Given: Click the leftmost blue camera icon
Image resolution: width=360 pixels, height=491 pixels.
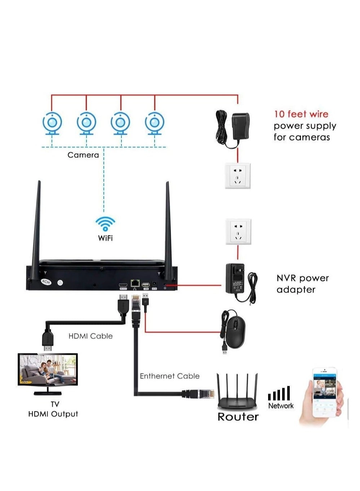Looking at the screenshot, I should click(x=52, y=123).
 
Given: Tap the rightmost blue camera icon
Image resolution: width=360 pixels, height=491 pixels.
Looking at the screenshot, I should click(x=155, y=123).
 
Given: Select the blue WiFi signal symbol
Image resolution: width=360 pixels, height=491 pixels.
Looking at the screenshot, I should click(x=105, y=223).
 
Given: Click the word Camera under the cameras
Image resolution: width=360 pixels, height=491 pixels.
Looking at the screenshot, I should click(x=83, y=155).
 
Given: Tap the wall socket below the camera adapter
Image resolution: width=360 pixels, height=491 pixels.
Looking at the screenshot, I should click(x=237, y=175).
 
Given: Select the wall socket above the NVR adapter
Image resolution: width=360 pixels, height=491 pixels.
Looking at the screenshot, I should click(x=238, y=231).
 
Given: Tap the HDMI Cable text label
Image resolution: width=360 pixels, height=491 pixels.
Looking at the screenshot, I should click(x=90, y=336).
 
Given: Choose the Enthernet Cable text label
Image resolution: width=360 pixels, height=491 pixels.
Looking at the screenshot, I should click(x=169, y=376).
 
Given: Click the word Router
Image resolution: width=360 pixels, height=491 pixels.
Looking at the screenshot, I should click(x=238, y=417).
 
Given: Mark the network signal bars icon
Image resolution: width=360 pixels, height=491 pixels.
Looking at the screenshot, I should click(x=279, y=394).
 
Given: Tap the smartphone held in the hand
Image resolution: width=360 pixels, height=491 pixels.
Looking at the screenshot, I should click(x=324, y=393).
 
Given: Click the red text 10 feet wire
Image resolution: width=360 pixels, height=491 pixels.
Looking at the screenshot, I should click(x=301, y=114).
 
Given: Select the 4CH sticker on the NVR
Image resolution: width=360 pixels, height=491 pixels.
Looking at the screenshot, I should click(x=46, y=282).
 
